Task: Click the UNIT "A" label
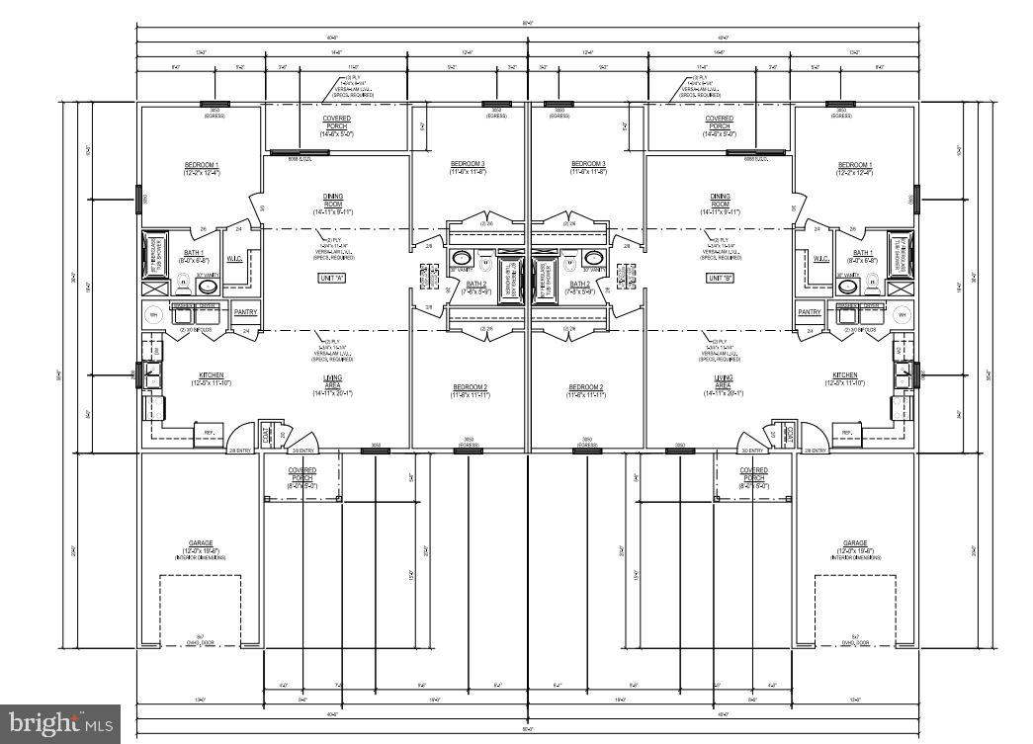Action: pos(332,279)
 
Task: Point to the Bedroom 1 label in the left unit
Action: pos(202,165)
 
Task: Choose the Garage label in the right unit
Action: pos(855,543)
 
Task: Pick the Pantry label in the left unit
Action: pos(246,312)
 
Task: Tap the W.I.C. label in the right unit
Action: pos(820,259)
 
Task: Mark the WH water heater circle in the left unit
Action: pos(153,315)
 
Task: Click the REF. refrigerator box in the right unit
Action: pos(846,432)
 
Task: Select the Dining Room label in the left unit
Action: pos(333,201)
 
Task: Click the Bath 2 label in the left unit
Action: pos(474,285)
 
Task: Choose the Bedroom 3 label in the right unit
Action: pos(588,164)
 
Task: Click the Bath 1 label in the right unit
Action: pos(863,253)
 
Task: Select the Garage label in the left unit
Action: pos(201,543)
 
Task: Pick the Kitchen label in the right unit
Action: pos(845,375)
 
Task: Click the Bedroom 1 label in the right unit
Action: pos(855,165)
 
